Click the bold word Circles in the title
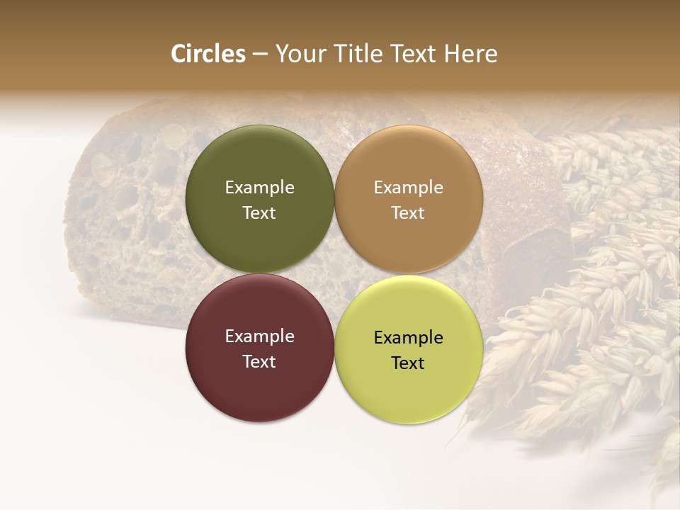pos(208,54)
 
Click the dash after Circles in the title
pos(260,55)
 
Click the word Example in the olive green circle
pos(259,187)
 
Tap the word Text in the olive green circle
pos(259,212)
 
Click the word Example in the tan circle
pos(409,187)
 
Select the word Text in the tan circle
pos(409,212)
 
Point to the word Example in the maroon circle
pos(259,336)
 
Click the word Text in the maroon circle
pos(259,361)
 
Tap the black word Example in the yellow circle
pos(409,337)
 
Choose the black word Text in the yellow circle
pos(409,363)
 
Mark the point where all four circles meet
pos(334,273)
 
